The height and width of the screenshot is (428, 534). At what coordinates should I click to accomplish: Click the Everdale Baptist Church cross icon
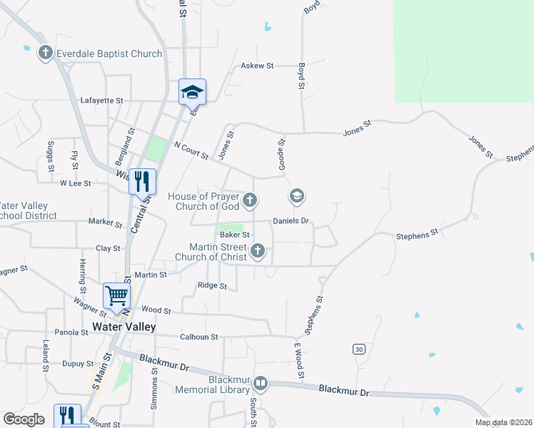[x=46, y=53]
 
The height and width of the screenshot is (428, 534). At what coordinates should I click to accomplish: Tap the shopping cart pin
[x=116, y=296]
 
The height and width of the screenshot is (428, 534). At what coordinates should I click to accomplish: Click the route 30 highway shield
[x=358, y=349]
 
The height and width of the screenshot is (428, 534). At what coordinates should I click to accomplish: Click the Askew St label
[x=258, y=66]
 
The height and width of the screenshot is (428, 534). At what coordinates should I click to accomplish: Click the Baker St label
[x=234, y=234]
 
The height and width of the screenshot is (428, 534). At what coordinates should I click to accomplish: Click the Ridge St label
[x=212, y=286]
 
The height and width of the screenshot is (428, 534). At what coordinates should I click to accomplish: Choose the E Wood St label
[x=300, y=360]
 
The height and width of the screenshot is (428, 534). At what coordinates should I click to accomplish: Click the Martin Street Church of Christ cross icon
[x=258, y=251]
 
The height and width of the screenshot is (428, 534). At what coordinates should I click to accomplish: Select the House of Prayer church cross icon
[x=250, y=201]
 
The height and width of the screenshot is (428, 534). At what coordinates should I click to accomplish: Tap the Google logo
[x=24, y=419]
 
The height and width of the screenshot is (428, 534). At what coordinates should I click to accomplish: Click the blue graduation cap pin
[x=192, y=92]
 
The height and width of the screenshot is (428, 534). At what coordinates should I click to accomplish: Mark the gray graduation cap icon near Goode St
[x=297, y=195]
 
